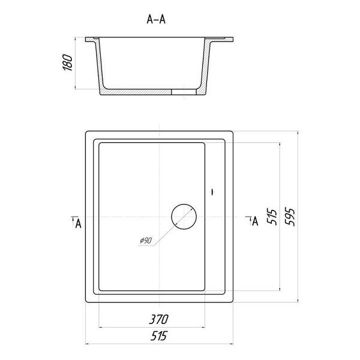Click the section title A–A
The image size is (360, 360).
pos(156,19)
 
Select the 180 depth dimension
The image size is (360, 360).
pos(68,62)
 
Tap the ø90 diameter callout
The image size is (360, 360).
pos(146,241)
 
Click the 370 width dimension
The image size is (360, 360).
pos(158,319)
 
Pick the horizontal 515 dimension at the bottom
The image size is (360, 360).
pos(158,335)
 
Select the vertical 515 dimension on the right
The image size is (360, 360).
pos(272,217)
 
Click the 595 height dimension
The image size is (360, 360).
pos(290,217)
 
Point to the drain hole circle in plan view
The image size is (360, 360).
pos(184,204)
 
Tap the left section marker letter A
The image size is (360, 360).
pos(78,223)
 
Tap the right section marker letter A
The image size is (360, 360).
pos(255,221)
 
